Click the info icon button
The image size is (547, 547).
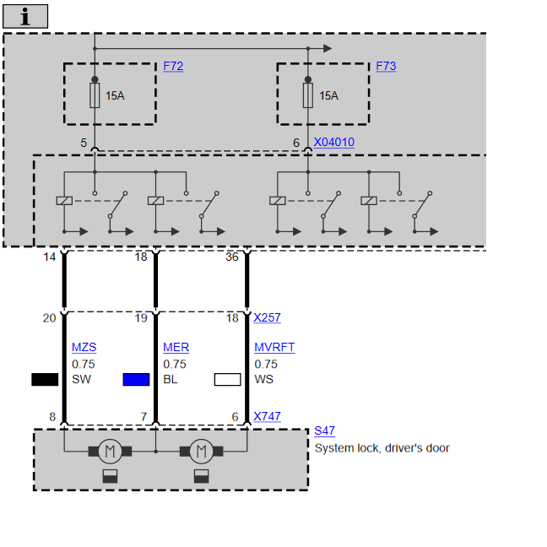pyautogui.click(x=25, y=16)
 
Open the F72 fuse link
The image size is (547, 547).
pyautogui.click(x=173, y=66)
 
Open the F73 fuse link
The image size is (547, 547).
pyautogui.click(x=386, y=66)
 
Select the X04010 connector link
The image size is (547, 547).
pyautogui.click(x=334, y=143)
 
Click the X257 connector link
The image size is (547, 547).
pyautogui.click(x=267, y=317)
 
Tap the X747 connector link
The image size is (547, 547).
pyautogui.click(x=267, y=416)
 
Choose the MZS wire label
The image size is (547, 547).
pyautogui.click(x=84, y=347)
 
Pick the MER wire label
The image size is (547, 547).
pyautogui.click(x=176, y=347)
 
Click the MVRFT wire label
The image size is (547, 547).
pyautogui.click(x=274, y=347)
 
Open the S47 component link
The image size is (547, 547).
pyautogui.click(x=324, y=431)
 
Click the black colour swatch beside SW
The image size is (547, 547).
pyautogui.click(x=45, y=380)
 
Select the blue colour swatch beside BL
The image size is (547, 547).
pyautogui.click(x=136, y=380)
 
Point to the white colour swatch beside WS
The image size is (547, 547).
pyautogui.click(x=227, y=380)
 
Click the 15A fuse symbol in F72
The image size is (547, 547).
pyautogui.click(x=95, y=95)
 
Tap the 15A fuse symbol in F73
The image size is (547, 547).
pyautogui.click(x=307, y=95)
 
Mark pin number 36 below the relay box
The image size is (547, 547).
pyautogui.click(x=231, y=257)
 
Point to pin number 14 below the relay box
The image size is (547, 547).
pyautogui.click(x=50, y=257)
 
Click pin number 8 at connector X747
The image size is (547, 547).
pyautogui.click(x=52, y=416)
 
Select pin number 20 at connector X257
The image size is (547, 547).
pyautogui.click(x=50, y=317)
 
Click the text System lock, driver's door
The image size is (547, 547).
pyautogui.click(x=382, y=448)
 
